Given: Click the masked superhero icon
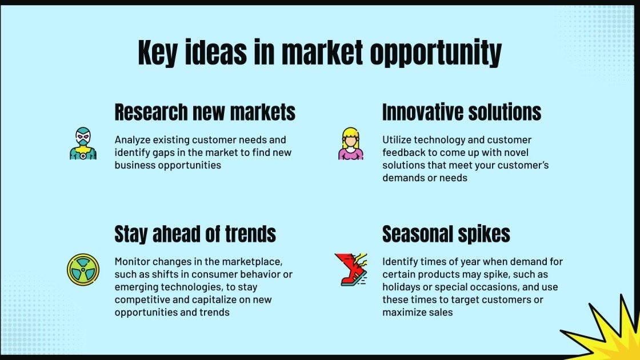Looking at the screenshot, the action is coord(83,143).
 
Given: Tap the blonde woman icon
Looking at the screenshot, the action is coord(351,143).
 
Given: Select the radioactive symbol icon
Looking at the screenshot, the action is coord(83,270).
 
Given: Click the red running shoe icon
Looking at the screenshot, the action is coord(351,269).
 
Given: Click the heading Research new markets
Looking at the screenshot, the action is coord(205,112).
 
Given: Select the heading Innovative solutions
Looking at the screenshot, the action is coord(462,112).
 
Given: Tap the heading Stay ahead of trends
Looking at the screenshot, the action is coord(195,234).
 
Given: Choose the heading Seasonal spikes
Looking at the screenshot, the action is coord(446,234).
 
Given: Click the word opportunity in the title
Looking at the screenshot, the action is coord(435,53).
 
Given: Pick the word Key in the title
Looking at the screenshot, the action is coord(158,53).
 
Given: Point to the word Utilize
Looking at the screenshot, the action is coord(397,140).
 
